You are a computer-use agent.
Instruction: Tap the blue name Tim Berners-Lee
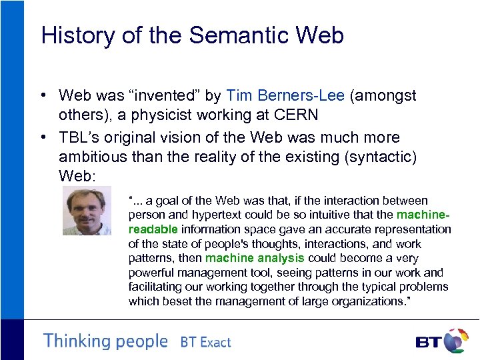285,96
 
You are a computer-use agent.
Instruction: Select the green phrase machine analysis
254,258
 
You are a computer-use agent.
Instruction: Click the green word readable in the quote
152,229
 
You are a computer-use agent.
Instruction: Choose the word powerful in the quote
151,273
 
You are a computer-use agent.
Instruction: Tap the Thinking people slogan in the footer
105,341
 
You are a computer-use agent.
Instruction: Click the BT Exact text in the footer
205,343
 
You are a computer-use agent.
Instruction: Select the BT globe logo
456,341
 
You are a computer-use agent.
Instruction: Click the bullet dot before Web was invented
43,97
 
